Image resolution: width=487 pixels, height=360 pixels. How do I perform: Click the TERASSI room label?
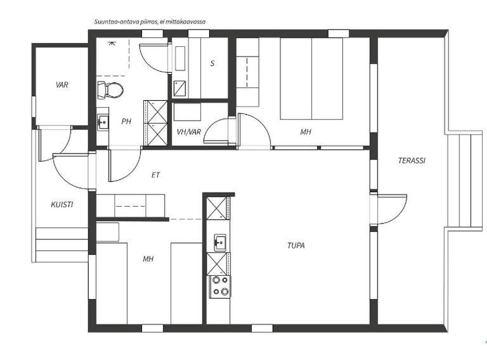pyautogui.click(x=412, y=160)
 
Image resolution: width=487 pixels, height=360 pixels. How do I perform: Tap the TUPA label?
pyautogui.click(x=296, y=245)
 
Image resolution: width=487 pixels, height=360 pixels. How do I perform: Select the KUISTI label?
pyautogui.click(x=62, y=205)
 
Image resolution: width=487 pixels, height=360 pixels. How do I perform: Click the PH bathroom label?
pyautogui.click(x=126, y=121)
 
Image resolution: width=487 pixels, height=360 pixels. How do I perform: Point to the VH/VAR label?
pyautogui.click(x=189, y=132)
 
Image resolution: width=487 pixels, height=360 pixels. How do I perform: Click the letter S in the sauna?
pyautogui.click(x=212, y=63)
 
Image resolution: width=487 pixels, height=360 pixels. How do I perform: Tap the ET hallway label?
pyautogui.click(x=155, y=175)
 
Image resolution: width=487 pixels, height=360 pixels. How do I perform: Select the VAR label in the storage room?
pyautogui.click(x=62, y=85)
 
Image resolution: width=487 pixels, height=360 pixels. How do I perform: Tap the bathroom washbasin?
pyautogui.click(x=103, y=121)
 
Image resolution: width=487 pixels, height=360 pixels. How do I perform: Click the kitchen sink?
pyautogui.click(x=220, y=241)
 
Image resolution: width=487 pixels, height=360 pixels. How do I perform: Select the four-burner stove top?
pyautogui.click(x=220, y=286)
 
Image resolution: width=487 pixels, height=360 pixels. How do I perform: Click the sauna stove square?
pyautogui.click(x=179, y=88)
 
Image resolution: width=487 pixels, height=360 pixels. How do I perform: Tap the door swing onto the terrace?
pyautogui.click(x=389, y=209)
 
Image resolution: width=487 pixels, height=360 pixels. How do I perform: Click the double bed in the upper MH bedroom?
pyautogui.click(x=311, y=79)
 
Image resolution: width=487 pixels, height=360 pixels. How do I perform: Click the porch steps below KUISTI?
pyautogui.click(x=62, y=245)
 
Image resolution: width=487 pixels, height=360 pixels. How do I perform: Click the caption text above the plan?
pyautogui.click(x=150, y=22)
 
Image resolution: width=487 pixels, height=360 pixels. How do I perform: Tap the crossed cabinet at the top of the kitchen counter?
pyautogui.click(x=217, y=209)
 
